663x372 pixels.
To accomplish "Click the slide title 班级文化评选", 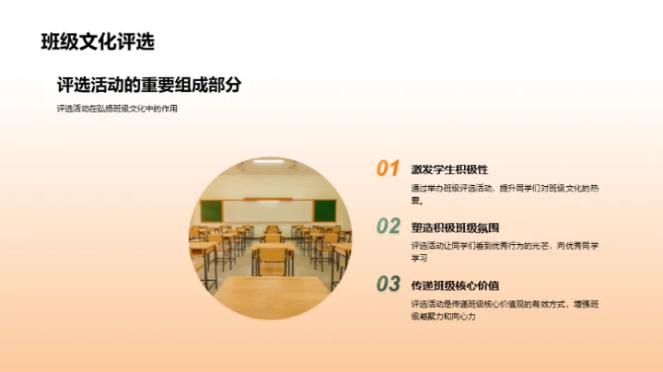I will (98, 41).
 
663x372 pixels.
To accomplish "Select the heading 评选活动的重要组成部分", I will (148, 85).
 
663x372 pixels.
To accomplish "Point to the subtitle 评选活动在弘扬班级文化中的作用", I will (116, 109).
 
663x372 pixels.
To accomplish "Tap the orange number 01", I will (388, 169).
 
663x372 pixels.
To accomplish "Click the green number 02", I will (388, 227).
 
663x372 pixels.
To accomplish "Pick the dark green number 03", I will (388, 285).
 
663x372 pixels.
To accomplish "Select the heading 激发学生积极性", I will (449, 169).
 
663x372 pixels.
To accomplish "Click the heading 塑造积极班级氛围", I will (455, 227).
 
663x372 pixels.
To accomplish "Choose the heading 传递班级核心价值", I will (455, 285).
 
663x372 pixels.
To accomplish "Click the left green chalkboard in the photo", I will (212, 210).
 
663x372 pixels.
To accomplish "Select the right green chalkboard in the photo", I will (324, 210).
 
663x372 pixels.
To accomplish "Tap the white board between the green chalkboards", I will (268, 210).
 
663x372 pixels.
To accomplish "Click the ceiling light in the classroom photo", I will (268, 162).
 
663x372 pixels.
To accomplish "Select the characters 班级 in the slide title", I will (59, 41).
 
